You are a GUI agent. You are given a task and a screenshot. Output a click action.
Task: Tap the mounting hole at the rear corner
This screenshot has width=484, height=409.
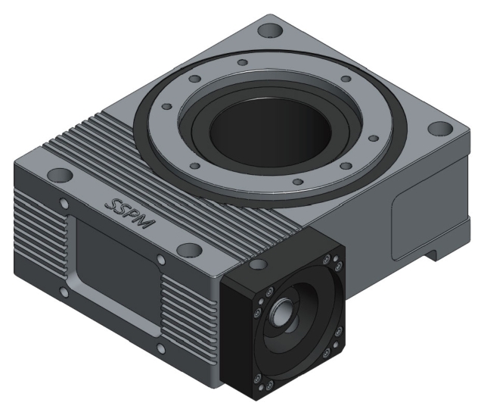269,33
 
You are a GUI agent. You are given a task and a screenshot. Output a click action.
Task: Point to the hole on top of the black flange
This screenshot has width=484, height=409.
259,265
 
